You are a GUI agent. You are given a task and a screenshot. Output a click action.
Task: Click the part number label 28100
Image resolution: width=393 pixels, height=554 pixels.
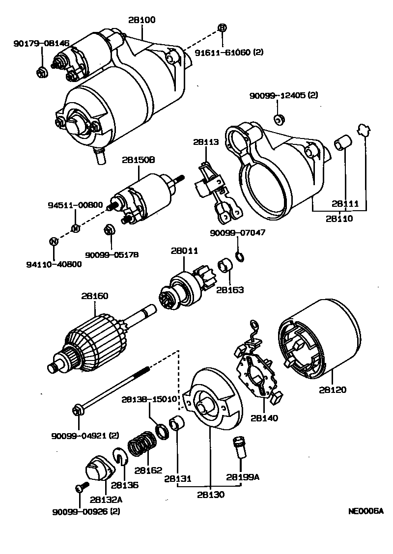pos(142,20)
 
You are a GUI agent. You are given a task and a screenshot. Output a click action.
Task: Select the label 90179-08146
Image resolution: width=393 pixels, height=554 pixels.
pos(41,44)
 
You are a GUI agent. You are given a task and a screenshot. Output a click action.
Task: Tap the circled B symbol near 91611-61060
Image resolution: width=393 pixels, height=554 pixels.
pos(222,28)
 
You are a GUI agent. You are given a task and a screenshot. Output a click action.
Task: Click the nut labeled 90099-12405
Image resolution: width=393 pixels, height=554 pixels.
pos(278,119)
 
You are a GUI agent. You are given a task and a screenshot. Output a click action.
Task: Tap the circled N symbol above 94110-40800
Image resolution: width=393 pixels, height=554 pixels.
pos(54,241)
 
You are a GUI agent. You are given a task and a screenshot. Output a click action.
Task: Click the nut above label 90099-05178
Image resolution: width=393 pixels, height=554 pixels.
pos(110,230)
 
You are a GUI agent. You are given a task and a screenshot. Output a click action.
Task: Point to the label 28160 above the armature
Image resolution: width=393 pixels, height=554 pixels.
pos(95,296)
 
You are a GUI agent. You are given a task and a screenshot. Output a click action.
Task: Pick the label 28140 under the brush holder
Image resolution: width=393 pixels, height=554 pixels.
pos(264,418)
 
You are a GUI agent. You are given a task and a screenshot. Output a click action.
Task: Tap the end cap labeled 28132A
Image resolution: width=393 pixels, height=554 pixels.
pos(99,470)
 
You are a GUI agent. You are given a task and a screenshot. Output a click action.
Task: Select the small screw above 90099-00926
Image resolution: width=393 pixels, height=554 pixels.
pos(80,488)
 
